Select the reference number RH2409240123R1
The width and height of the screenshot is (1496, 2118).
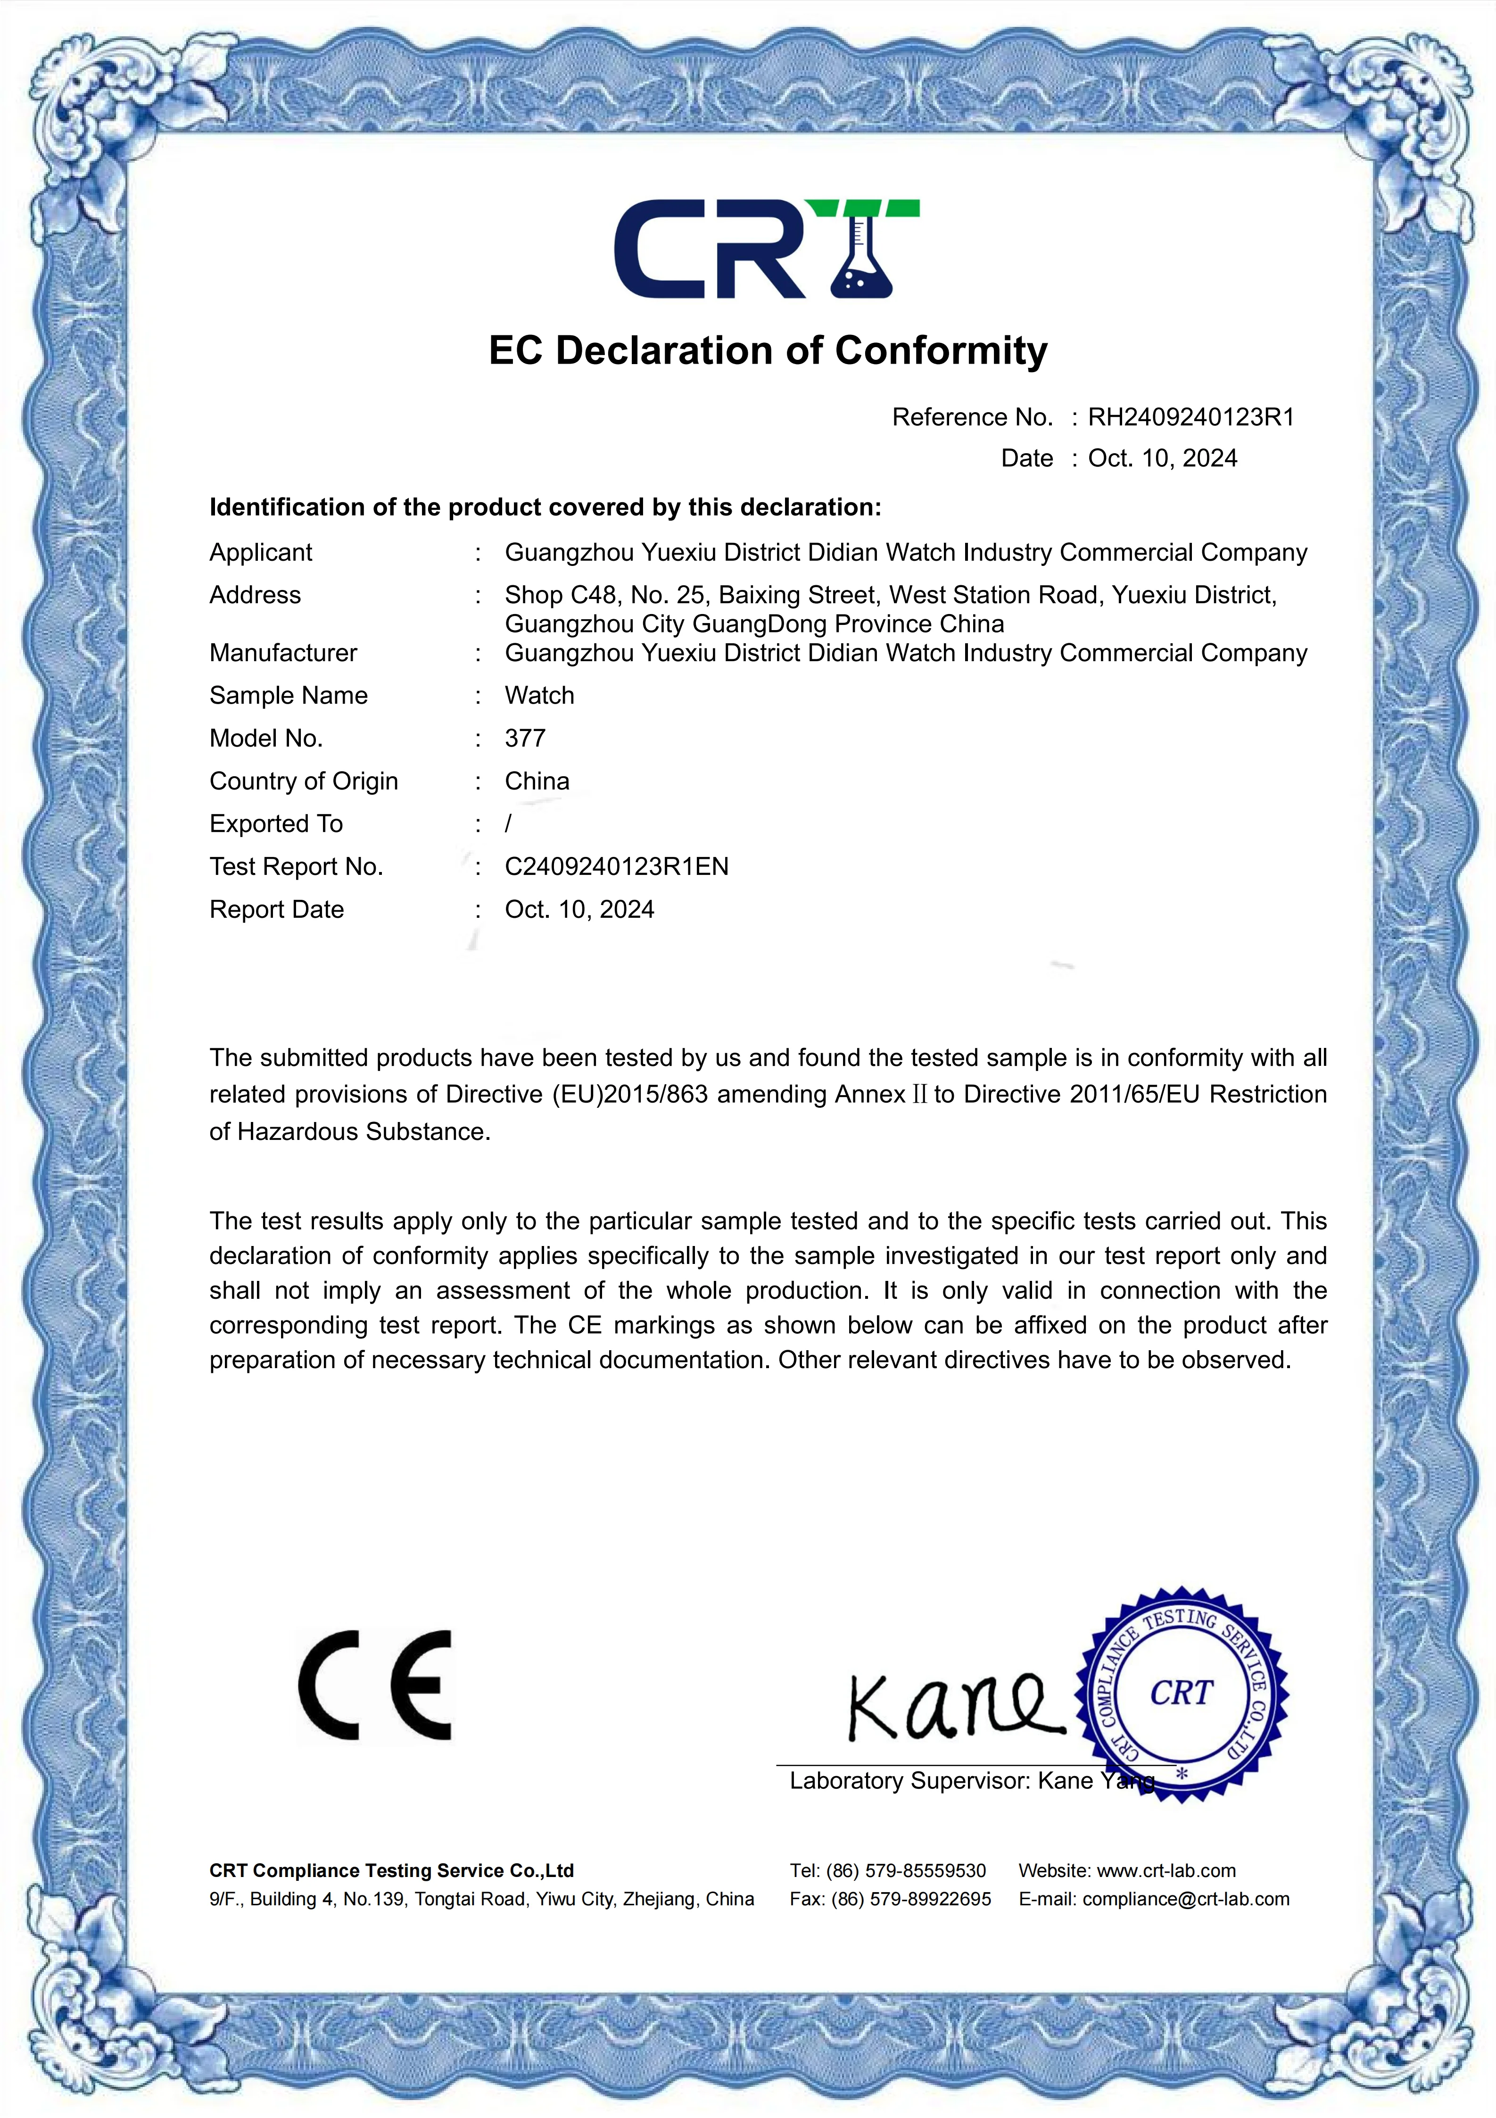1190,418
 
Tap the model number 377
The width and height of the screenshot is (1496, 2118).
525,739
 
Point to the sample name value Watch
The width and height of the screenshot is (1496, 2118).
539,696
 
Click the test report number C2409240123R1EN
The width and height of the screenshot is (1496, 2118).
616,867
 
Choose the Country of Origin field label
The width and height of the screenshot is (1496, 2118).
304,781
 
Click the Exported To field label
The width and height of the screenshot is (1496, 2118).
276,824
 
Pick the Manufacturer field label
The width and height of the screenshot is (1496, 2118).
283,653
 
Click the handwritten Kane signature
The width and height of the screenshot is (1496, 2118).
950,1707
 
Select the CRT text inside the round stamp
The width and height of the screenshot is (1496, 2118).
1181,1694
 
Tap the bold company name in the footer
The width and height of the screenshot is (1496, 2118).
391,1871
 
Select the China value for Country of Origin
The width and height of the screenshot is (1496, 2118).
537,781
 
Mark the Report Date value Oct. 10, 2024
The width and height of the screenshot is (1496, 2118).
579,910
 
